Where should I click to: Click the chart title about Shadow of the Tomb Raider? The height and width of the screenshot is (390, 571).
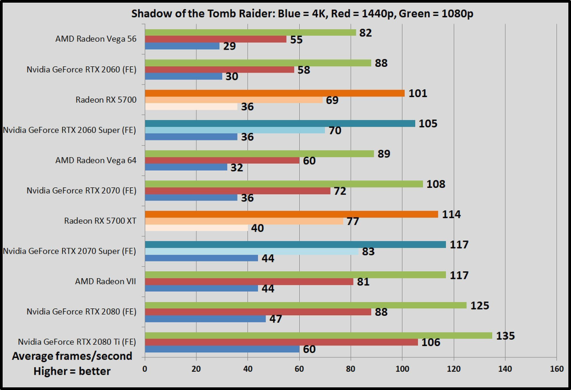(x=293, y=13)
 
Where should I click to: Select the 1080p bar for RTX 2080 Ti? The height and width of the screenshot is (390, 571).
(x=318, y=336)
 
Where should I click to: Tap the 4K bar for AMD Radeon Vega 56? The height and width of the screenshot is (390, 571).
(x=182, y=46)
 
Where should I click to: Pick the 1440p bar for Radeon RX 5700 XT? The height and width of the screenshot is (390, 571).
(x=244, y=221)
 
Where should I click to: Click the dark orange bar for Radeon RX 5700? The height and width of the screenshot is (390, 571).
(x=275, y=93)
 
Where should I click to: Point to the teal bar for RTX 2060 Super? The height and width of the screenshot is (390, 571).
(x=280, y=123)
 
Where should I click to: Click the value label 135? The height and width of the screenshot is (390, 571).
(x=505, y=336)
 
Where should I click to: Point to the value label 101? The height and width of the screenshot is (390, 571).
(x=417, y=93)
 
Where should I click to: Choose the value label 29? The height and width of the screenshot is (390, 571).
(x=230, y=46)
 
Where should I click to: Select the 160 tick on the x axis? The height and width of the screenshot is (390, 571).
(x=556, y=369)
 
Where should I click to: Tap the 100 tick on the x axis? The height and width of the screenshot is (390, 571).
(x=401, y=369)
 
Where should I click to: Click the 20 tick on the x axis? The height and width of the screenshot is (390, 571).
(x=196, y=369)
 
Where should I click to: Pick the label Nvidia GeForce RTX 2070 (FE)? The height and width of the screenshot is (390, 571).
(x=82, y=190)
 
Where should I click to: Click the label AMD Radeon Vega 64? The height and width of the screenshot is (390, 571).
(x=96, y=160)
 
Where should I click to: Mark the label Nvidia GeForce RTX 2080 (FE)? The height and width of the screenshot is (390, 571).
(x=82, y=312)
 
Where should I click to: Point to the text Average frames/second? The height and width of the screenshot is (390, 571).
(x=72, y=356)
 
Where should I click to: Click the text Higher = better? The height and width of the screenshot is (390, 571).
(x=72, y=371)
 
